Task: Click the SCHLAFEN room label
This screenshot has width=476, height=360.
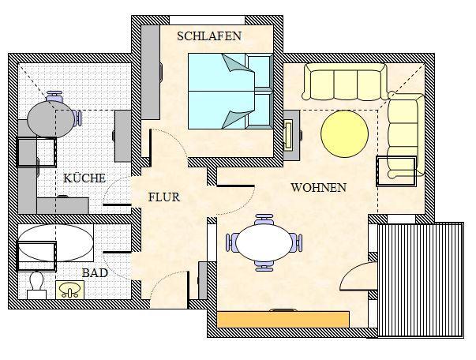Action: (209, 36)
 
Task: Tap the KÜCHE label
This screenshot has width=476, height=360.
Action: (84, 178)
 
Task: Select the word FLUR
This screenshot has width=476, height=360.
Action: (164, 197)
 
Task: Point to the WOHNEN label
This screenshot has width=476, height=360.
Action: (319, 188)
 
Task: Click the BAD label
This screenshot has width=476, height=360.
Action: (95, 273)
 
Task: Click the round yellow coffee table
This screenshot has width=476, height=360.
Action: (344, 134)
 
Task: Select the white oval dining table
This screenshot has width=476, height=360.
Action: (264, 242)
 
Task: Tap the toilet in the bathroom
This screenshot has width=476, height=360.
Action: (37, 286)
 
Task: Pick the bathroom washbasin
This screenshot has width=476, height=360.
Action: (69, 290)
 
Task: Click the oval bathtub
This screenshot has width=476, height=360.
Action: (56, 243)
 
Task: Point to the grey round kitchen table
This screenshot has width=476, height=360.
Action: (51, 119)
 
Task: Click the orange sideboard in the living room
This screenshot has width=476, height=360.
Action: (283, 319)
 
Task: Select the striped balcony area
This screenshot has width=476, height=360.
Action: (421, 279)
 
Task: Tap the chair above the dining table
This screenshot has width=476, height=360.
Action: (264, 219)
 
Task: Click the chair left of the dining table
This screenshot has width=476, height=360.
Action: (231, 242)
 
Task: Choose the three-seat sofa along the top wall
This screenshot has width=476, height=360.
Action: (345, 81)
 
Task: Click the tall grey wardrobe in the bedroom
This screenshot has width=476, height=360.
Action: (151, 73)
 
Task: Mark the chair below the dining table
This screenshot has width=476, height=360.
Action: (264, 266)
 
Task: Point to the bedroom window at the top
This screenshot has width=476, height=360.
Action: (207, 20)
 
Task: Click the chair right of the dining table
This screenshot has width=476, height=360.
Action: (297, 242)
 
